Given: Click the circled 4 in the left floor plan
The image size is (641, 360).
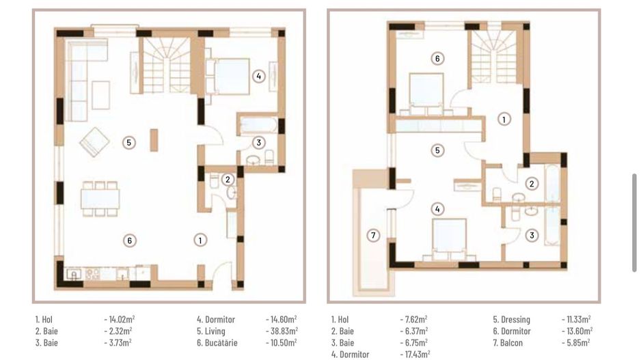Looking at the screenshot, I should click(258, 76).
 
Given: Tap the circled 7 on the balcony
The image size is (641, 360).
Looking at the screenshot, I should click(372, 236).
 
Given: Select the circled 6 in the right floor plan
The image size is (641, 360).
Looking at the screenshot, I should click(437, 59).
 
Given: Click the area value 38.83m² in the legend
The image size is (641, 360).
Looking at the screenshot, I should click(281, 331).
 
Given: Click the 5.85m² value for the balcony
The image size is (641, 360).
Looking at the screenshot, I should click(577, 342).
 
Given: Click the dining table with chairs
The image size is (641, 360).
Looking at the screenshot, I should click(101, 199).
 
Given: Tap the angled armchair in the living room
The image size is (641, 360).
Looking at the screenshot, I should click(94, 143).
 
